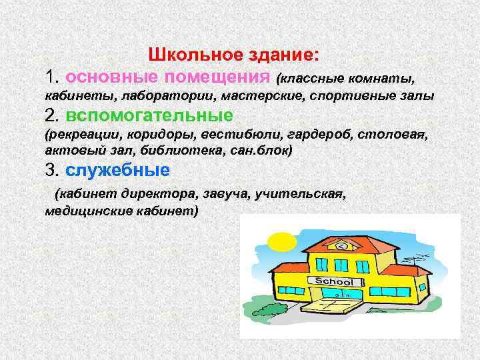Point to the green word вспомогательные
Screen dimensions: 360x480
pos(149,114)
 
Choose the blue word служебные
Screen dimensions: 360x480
pos(118,170)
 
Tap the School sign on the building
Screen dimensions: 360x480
pos(333,281)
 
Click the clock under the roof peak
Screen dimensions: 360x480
pos(341,246)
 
